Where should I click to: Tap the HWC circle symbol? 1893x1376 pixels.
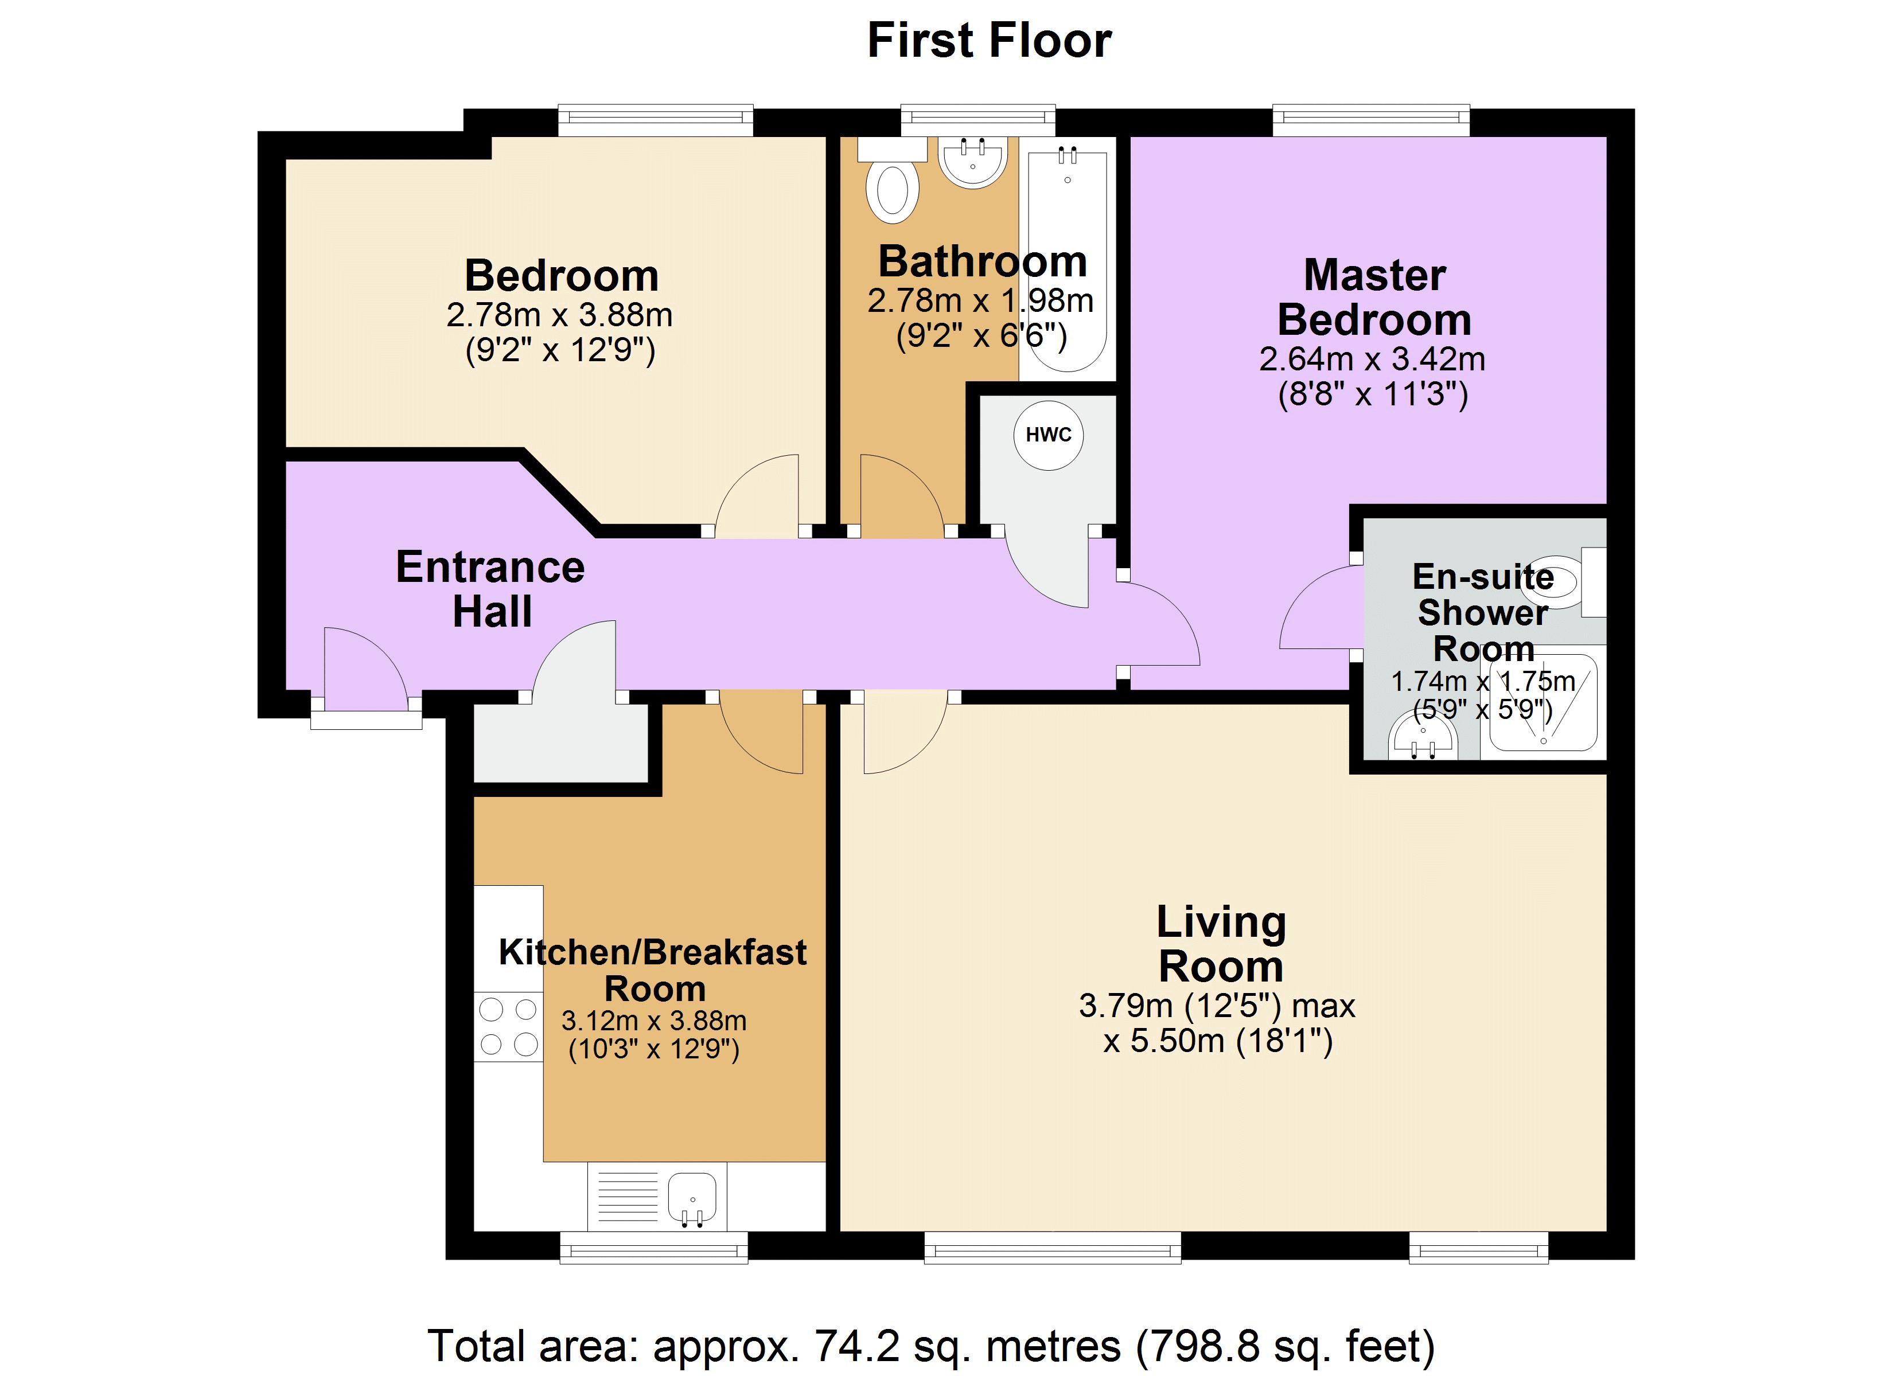point(1049,435)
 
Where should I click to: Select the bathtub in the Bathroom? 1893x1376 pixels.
point(1068,259)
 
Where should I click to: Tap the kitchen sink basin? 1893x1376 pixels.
point(692,1198)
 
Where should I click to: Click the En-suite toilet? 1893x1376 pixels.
point(1554,581)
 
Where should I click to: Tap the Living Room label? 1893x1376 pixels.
point(1220,944)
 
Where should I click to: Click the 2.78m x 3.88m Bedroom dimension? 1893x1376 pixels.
point(559,315)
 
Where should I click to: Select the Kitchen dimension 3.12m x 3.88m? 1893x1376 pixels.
point(653,1021)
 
